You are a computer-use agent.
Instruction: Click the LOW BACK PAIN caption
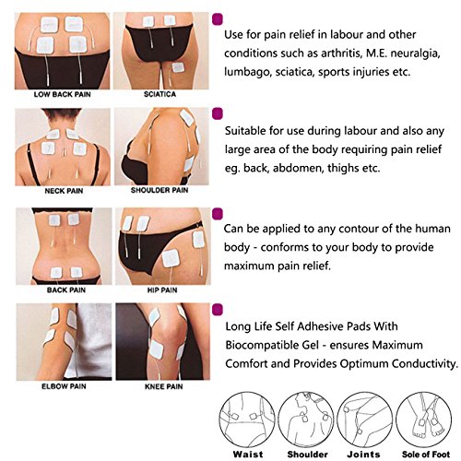pyautogui.click(x=63, y=94)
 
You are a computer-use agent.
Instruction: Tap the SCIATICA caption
pyautogui.click(x=160, y=94)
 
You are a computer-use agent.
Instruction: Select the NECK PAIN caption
pyautogui.click(x=64, y=191)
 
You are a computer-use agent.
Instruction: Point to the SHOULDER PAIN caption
pyautogui.click(x=160, y=190)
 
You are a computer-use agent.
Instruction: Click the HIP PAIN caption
pyautogui.click(x=162, y=290)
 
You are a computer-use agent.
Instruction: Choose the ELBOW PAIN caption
pyautogui.click(x=64, y=386)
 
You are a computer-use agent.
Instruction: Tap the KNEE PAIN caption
pyautogui.click(x=164, y=386)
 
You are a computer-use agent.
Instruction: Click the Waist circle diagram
pyautogui.click(x=247, y=420)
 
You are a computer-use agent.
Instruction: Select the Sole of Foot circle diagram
pyautogui.click(x=424, y=420)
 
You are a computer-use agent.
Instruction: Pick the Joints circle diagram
pyautogui.click(x=365, y=420)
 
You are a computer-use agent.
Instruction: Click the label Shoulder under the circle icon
pyautogui.click(x=308, y=455)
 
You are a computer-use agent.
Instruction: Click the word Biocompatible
pyautogui.click(x=272, y=345)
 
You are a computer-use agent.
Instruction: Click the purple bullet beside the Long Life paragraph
pyautogui.click(x=218, y=310)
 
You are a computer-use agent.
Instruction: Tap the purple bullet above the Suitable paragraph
pyautogui.click(x=218, y=113)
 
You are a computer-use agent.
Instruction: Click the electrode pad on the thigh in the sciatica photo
pyautogui.click(x=178, y=67)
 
